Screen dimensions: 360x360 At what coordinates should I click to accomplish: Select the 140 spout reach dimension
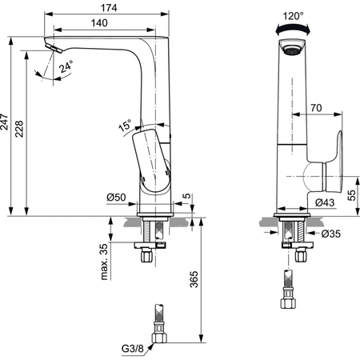tap(99, 23)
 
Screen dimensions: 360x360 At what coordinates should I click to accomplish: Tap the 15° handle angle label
tap(126, 124)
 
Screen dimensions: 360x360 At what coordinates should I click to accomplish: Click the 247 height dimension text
tap(6, 122)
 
